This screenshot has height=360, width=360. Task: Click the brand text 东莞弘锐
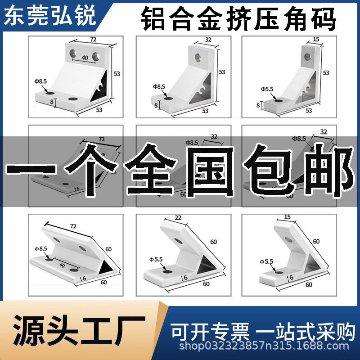[x=50, y=16]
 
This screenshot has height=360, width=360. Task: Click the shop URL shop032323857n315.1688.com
[x=264, y=346]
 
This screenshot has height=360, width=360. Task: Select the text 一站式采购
[x=306, y=332]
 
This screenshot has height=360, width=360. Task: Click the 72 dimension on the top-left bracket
[x=93, y=40]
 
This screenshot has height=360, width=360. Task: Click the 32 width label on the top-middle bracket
[x=208, y=40]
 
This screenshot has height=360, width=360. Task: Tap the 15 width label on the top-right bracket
[x=316, y=40]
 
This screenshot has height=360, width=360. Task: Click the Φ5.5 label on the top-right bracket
[x=267, y=89]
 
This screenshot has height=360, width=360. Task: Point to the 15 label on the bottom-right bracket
[x=287, y=217]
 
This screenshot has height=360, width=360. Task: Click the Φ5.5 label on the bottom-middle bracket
[x=157, y=259]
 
